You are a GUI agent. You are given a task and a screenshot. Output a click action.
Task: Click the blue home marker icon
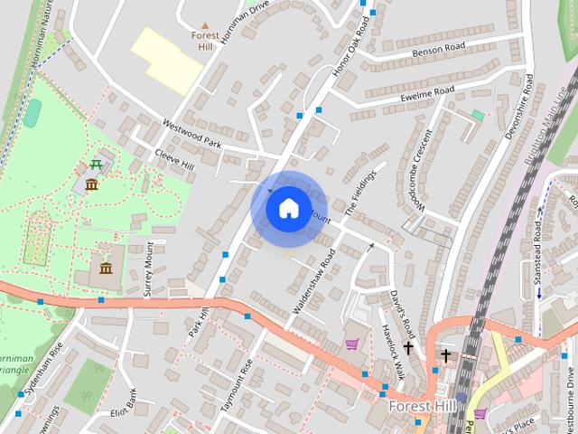[287, 208]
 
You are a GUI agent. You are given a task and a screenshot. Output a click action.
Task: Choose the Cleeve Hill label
[174, 160]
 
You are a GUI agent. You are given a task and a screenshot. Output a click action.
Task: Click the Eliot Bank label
[123, 398]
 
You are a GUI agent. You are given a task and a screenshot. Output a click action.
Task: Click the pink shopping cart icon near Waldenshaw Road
[351, 344]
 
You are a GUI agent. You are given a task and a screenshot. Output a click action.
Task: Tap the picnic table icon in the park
[95, 165]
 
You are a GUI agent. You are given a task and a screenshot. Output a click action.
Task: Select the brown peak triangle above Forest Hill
[205, 25]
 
